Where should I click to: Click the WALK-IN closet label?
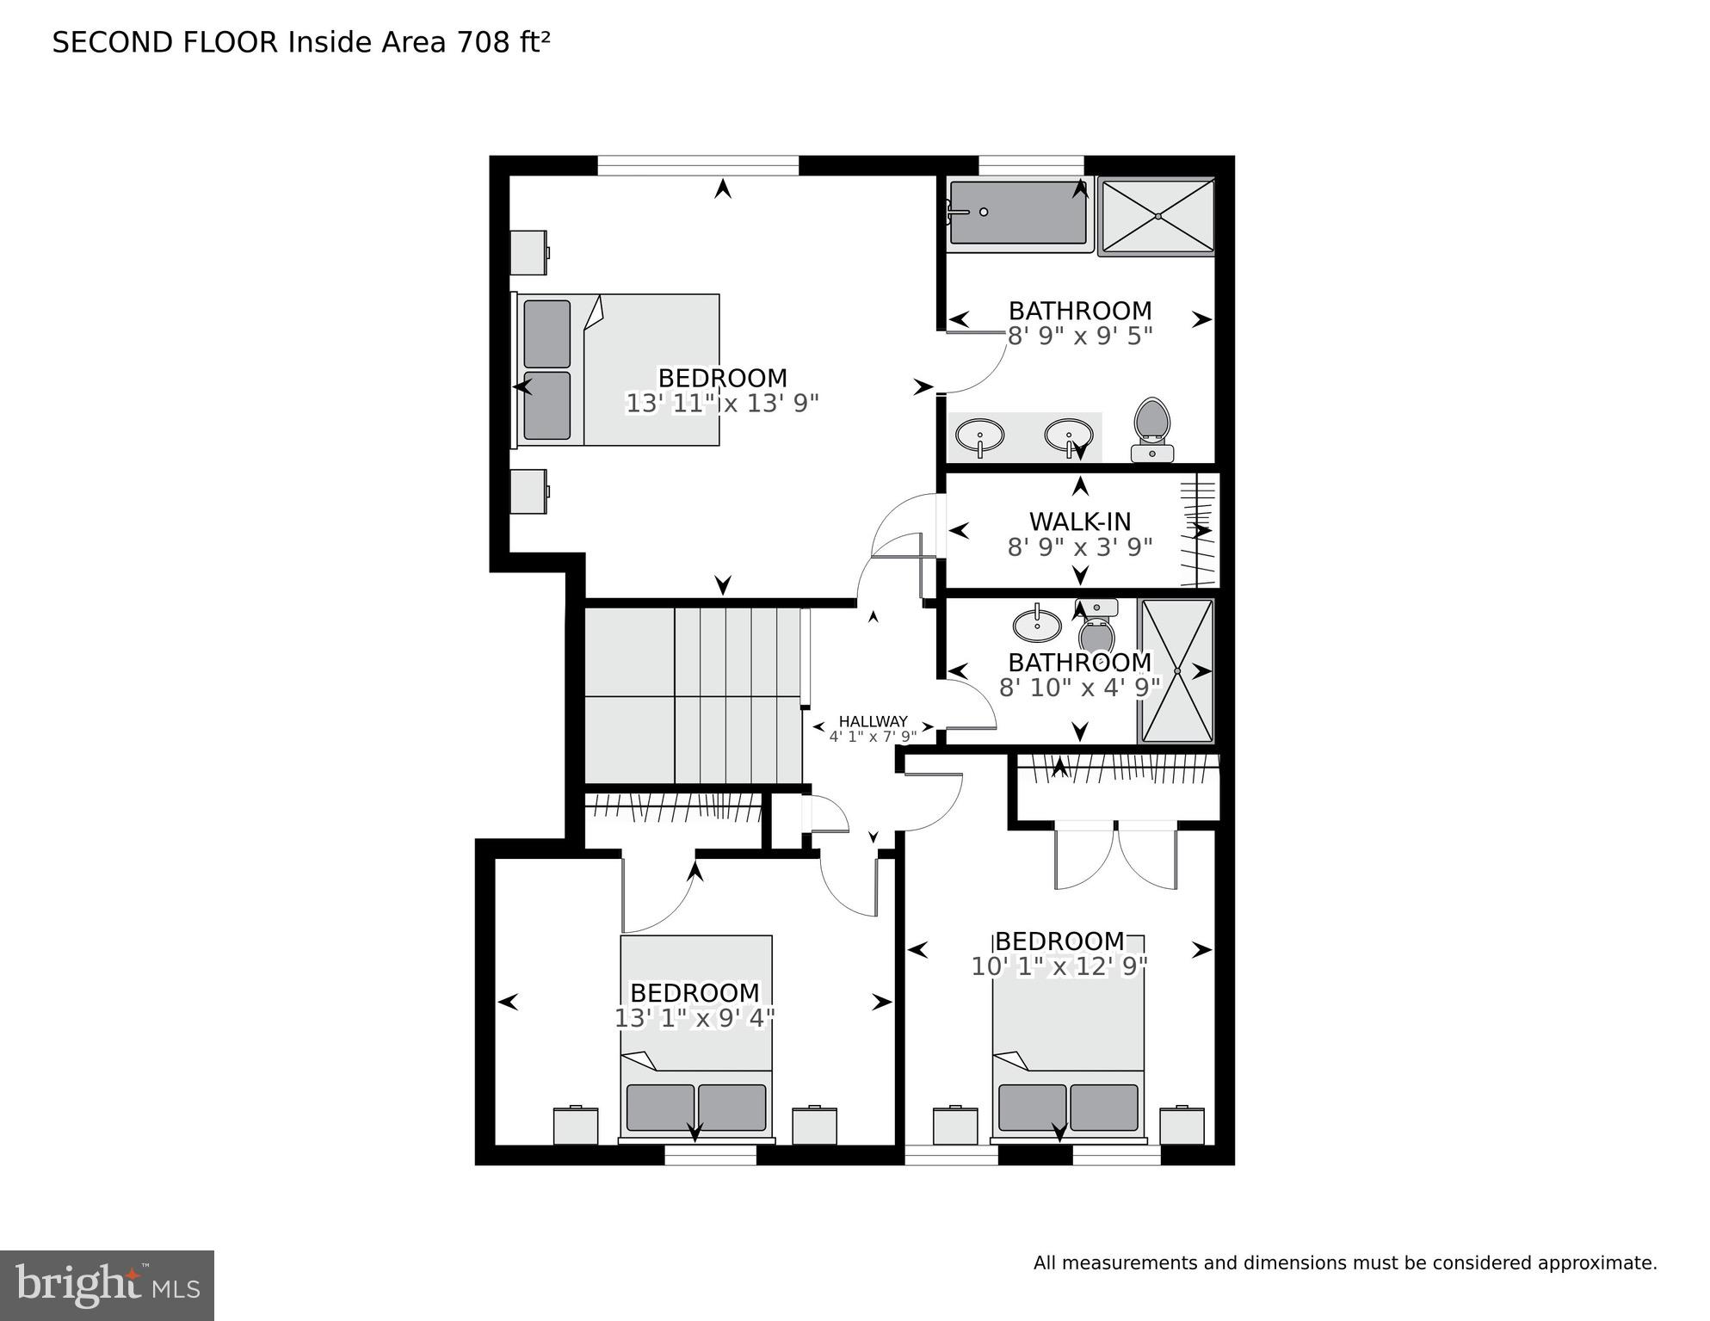point(1079,522)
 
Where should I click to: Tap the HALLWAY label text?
point(873,721)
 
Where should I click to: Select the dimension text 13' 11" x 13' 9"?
point(721,403)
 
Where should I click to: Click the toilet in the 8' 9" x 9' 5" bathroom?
point(1152,428)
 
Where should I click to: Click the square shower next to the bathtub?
point(1157,216)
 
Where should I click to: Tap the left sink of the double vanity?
point(979,435)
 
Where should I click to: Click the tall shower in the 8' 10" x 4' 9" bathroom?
point(1176,670)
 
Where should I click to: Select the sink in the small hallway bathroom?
point(1037,625)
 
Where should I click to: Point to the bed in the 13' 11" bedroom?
point(618,369)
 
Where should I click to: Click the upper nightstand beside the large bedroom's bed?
point(528,251)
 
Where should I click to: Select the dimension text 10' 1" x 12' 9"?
point(1059,966)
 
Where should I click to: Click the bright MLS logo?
point(107,1284)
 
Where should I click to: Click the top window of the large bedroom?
point(698,165)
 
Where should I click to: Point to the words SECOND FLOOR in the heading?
point(165,42)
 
